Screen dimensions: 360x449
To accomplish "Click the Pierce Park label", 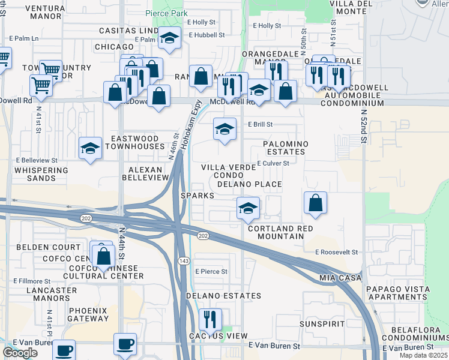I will tap(166, 13).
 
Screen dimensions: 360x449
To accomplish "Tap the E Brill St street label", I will tap(261, 125).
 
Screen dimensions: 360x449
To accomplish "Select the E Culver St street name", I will tap(273, 163).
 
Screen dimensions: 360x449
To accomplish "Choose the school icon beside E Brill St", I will tap(224, 129).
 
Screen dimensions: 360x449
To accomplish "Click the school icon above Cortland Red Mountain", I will tap(247, 208).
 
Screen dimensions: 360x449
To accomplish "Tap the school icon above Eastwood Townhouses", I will tap(90, 148).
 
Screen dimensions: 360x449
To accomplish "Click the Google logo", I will tap(20, 353).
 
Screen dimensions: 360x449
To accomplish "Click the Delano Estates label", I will tap(223, 296).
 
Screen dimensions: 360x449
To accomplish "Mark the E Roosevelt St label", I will tap(336, 253).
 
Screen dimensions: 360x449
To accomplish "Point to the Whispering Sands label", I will tap(42, 174).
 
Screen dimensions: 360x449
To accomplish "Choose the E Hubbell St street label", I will tap(206, 35).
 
